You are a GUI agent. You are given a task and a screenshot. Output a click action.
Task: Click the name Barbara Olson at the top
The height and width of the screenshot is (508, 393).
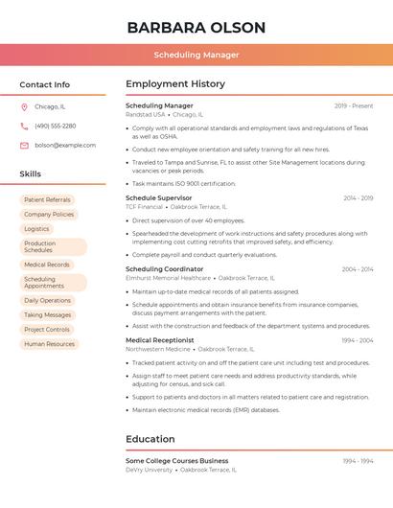click(x=196, y=27)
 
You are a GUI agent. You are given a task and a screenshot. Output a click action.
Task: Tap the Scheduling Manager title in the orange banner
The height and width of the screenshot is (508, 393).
click(x=196, y=55)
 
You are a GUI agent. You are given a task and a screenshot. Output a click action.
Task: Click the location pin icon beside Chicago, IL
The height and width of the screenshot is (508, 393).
click(x=24, y=106)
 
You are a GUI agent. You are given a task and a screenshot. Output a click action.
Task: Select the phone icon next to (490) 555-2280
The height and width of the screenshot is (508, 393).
click(x=24, y=126)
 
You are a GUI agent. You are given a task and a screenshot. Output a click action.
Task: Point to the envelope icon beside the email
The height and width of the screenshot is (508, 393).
click(x=24, y=146)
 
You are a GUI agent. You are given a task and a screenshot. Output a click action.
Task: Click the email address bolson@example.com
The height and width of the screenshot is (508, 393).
click(x=65, y=146)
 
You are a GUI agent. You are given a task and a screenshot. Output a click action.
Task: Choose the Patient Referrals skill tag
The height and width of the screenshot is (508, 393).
click(x=48, y=200)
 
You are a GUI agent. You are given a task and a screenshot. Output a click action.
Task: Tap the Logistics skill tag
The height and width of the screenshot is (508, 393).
click(x=37, y=229)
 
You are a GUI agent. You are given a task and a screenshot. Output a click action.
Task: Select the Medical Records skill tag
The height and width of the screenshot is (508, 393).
click(x=47, y=265)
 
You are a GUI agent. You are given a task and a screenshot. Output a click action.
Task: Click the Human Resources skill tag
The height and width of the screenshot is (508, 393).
click(x=50, y=344)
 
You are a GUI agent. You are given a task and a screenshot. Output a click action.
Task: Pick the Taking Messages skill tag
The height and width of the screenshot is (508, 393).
click(x=48, y=315)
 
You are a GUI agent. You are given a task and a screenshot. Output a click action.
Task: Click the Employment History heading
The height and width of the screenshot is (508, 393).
click(x=175, y=84)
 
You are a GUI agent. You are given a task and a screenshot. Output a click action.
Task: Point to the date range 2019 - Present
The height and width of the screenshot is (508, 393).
click(x=354, y=106)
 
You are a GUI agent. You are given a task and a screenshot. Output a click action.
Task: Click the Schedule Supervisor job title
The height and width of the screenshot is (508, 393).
click(x=159, y=198)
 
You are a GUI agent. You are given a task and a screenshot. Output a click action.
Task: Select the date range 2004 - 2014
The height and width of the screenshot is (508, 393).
click(x=358, y=269)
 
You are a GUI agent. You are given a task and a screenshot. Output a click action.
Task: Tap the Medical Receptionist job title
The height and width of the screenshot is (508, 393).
click(x=160, y=340)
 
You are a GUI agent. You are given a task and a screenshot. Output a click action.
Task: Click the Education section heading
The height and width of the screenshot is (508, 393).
click(x=150, y=440)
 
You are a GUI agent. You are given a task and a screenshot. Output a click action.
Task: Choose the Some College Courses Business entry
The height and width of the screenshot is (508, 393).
click(x=177, y=461)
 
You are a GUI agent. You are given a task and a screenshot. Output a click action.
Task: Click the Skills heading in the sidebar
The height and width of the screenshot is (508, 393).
click(x=31, y=174)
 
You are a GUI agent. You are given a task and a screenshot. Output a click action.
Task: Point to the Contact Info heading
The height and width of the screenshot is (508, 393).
click(x=45, y=84)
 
